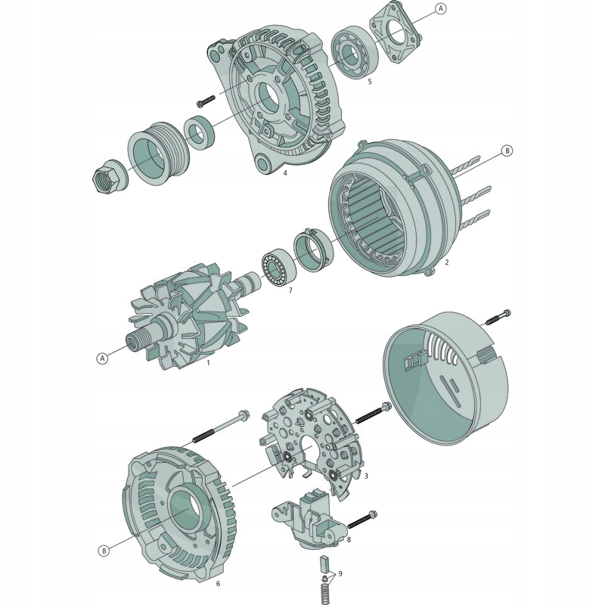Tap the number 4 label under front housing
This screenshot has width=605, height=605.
[285, 173]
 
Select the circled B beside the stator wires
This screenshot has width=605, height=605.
[507, 150]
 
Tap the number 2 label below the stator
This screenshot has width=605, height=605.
[447, 262]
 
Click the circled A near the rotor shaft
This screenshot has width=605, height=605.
[101, 358]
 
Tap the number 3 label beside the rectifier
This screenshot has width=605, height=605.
[366, 476]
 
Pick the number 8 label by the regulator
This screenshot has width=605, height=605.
[348, 539]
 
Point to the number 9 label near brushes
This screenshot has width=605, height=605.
[340, 574]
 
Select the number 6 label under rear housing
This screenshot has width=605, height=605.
[218, 583]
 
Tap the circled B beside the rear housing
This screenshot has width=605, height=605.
[104, 551]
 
